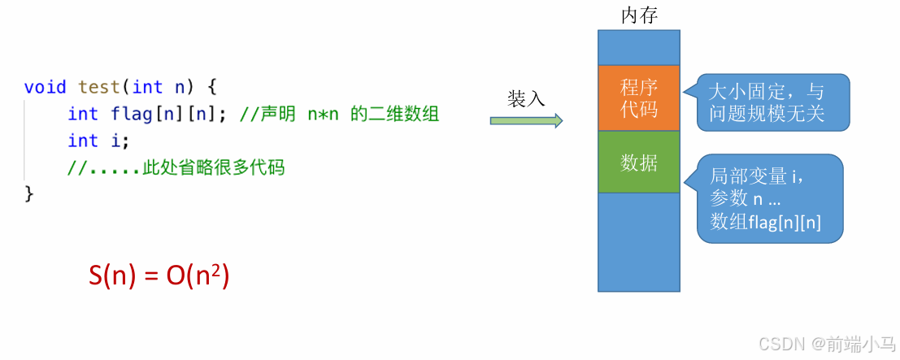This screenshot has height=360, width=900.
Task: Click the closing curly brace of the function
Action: pyautogui.click(x=29, y=193)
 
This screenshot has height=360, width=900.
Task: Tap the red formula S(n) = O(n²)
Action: pyautogui.click(x=159, y=276)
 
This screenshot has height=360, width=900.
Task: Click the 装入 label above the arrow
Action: pyautogui.click(x=526, y=98)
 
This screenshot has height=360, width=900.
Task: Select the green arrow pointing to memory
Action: pyautogui.click(x=526, y=121)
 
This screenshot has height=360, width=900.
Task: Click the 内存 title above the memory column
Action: pyautogui.click(x=638, y=15)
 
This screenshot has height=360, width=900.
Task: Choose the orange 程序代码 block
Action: pyautogui.click(x=638, y=98)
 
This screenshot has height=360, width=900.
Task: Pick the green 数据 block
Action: pyautogui.click(x=638, y=163)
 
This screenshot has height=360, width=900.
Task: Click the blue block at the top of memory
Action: pyautogui.click(x=638, y=47)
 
